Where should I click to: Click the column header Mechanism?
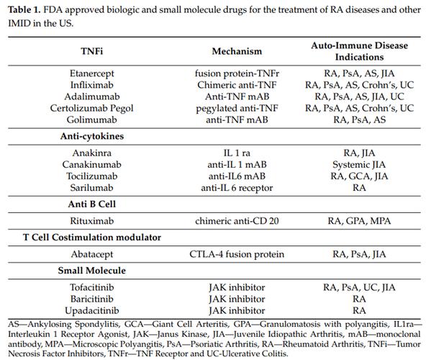tap(237, 51)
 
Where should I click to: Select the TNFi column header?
tap(92, 51)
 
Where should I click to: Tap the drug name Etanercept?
tap(92, 73)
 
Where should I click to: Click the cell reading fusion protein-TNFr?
tap(237, 73)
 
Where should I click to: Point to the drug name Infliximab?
tap(92, 85)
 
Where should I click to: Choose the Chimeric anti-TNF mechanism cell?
tap(237, 85)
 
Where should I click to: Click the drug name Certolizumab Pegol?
tap(92, 108)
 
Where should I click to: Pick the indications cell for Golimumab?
tap(360, 120)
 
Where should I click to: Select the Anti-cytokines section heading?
tap(92, 136)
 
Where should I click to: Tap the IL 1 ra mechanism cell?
tap(237, 153)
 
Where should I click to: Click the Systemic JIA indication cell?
tap(359, 164)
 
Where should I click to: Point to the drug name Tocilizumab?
tap(92, 176)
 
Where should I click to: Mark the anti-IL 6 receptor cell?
tap(237, 188)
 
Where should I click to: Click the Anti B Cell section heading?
tap(92, 204)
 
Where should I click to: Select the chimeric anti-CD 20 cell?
tap(237, 221)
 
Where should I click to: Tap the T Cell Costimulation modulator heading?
tap(92, 237)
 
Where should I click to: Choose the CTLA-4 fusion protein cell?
tap(237, 254)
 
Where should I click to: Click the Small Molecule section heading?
tap(92, 270)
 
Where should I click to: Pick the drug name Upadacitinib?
tap(92, 310)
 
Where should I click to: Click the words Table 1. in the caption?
tap(24, 10)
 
